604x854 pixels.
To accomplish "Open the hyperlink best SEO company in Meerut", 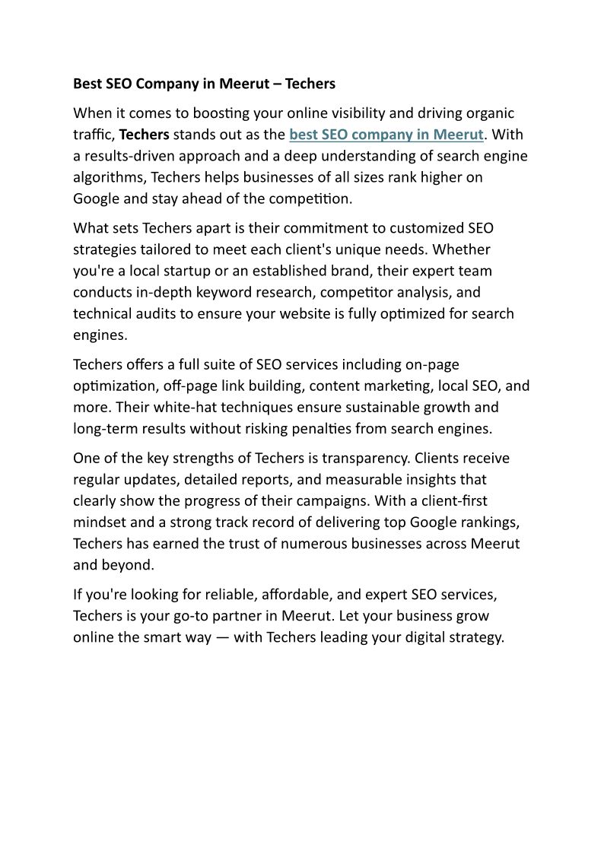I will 386,135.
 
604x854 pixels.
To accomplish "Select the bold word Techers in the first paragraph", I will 145,135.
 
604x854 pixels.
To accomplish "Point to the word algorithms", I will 107,177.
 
